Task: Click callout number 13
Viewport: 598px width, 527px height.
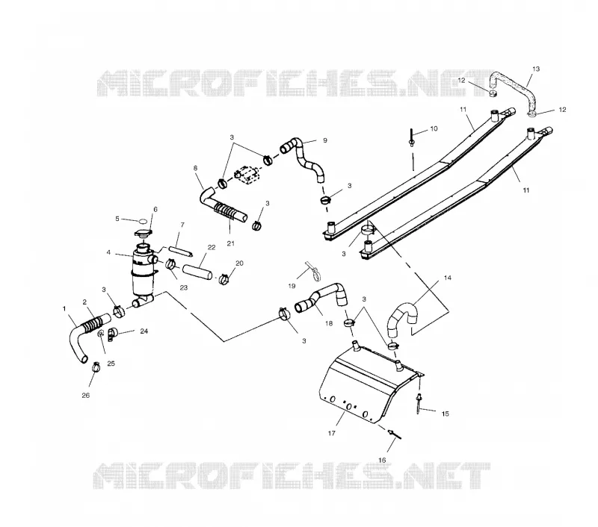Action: (x=536, y=69)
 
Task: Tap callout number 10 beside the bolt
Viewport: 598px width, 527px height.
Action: (x=434, y=128)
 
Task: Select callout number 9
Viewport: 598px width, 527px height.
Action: (x=325, y=140)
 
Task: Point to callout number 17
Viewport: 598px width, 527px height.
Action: (x=331, y=433)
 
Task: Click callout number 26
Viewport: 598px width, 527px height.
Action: (x=85, y=396)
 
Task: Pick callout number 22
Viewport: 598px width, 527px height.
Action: (x=212, y=248)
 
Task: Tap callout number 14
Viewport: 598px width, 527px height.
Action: (x=447, y=278)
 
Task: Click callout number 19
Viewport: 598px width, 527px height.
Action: (x=292, y=286)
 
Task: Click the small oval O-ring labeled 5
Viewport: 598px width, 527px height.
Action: (x=143, y=221)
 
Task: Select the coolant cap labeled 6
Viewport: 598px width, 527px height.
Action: (x=144, y=234)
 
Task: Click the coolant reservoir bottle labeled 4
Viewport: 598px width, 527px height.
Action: (x=144, y=272)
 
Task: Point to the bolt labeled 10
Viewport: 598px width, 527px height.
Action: (x=412, y=137)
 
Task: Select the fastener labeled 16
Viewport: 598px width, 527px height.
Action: (x=395, y=434)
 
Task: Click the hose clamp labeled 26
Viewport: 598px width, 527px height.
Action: (x=96, y=367)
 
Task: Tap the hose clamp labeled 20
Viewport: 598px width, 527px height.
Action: (x=224, y=279)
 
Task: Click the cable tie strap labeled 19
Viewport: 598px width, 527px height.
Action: (x=312, y=271)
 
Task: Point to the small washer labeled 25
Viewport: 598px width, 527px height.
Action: (x=101, y=334)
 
